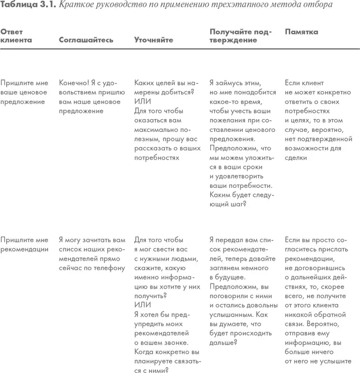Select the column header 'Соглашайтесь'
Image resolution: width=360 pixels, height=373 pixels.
pyautogui.click(x=86, y=40)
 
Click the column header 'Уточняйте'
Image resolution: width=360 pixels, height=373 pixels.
pyautogui.click(x=153, y=40)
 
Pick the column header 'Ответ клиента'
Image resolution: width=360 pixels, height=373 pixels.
pyautogui.click(x=16, y=36)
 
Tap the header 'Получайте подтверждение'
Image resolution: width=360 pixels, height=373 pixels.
pyautogui.click(x=240, y=36)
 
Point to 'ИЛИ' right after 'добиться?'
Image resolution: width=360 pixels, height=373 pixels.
pyautogui.click(x=143, y=101)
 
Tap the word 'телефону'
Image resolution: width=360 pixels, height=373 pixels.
pyautogui.click(x=108, y=268)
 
